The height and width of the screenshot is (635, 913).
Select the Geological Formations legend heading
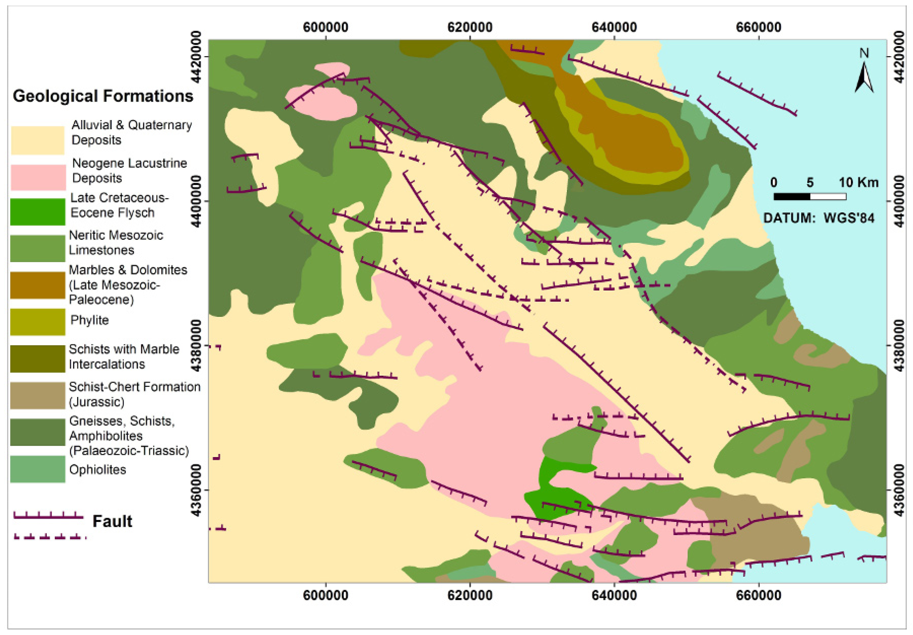point(103,96)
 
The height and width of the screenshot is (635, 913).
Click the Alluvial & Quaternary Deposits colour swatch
point(37,140)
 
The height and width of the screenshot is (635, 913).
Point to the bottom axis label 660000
point(758,595)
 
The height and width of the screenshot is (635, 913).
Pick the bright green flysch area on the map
point(553,493)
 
